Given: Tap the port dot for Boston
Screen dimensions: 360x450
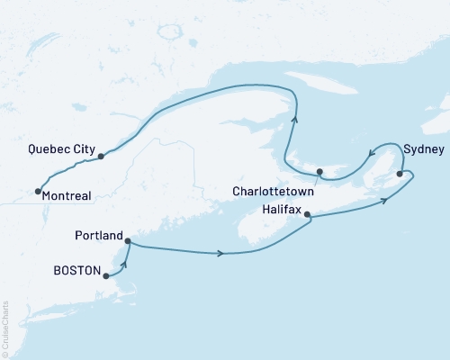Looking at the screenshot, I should [106, 277].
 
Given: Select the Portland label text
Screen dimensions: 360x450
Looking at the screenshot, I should [100, 236].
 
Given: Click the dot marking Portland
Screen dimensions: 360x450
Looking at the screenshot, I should [128, 241].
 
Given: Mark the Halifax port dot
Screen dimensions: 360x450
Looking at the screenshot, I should [308, 215].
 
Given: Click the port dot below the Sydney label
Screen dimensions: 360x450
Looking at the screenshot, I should [400, 163].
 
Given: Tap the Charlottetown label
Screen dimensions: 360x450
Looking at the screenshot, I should [272, 192].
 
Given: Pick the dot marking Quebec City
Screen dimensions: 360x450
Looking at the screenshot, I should [101, 156].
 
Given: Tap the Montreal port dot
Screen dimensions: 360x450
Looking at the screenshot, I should [37, 191].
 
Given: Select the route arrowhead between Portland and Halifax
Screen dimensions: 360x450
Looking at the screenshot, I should [220, 254].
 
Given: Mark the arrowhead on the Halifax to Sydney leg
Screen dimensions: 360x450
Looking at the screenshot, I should [385, 199].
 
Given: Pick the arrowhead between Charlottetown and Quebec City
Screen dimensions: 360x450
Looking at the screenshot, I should [294, 114].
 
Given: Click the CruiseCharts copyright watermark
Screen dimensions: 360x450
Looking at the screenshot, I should [4, 328].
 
